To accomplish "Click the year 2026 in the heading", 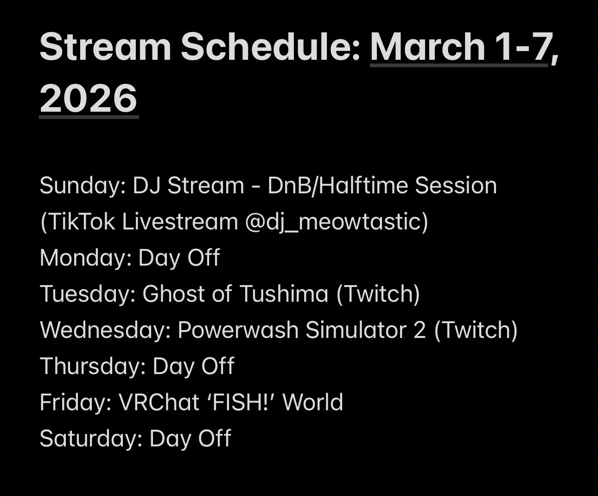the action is (x=88, y=98).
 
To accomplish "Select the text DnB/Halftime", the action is (x=337, y=185).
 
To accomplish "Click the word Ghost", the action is (x=173, y=294).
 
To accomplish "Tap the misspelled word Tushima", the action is (x=284, y=294).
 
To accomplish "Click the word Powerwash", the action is (x=238, y=330).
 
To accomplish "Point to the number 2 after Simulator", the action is (x=420, y=330).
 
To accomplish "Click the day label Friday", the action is (x=76, y=402).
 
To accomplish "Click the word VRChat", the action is (x=159, y=402).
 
